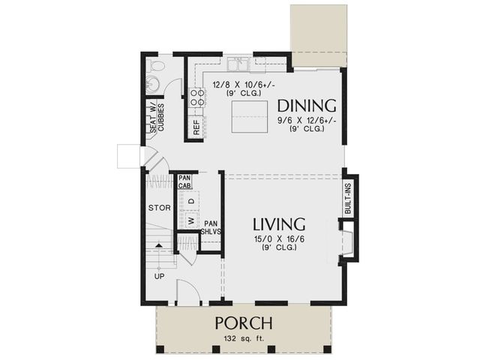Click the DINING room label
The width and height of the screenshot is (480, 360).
pyautogui.click(x=307, y=106)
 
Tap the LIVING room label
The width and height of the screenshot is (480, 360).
pyautogui.click(x=279, y=223)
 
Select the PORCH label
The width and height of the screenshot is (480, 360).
pyautogui.click(x=244, y=323)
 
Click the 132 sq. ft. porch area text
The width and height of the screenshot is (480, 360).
pyautogui.click(x=244, y=338)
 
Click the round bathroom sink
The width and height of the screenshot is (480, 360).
pyautogui.click(x=153, y=83)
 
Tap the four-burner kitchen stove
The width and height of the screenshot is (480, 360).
pyautogui.click(x=196, y=97)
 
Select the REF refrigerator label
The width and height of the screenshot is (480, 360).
pyautogui.click(x=196, y=127)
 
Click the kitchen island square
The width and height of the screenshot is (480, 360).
pyautogui.click(x=250, y=117)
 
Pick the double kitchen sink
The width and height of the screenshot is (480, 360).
pyautogui.click(x=238, y=65)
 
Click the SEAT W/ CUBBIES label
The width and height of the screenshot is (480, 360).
pyautogui.click(x=157, y=118)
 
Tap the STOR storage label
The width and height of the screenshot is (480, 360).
pyautogui.click(x=160, y=208)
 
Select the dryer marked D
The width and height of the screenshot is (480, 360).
pyautogui.click(x=191, y=201)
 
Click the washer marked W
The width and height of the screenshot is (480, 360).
pyautogui.click(x=191, y=220)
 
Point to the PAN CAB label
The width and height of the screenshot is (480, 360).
pyautogui.click(x=185, y=181)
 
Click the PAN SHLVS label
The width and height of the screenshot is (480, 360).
pyautogui.click(x=211, y=228)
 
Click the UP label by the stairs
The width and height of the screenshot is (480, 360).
pyautogui.click(x=159, y=277)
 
